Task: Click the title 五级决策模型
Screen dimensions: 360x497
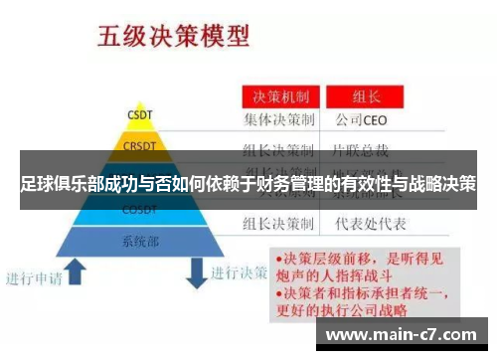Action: click(x=172, y=38)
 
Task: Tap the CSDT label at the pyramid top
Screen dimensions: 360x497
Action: click(x=139, y=114)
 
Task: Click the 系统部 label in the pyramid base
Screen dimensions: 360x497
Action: click(x=139, y=241)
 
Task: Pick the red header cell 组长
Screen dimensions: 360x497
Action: click(x=367, y=97)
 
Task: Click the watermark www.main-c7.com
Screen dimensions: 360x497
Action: click(x=401, y=334)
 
